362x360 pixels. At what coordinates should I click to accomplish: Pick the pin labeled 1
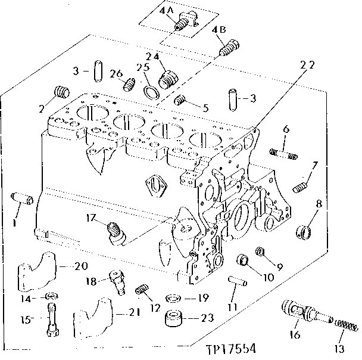(22, 200)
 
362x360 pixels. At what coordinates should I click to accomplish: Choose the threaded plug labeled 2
(59, 93)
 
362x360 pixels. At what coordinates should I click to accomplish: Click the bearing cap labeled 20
(45, 271)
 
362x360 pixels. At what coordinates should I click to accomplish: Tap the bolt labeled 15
(52, 319)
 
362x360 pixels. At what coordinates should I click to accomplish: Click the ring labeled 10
(243, 261)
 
